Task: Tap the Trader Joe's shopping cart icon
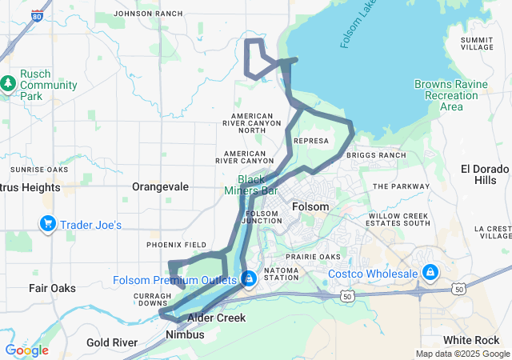tap(47, 224)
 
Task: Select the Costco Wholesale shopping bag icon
tap(430, 273)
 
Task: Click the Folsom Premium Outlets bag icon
tap(249, 278)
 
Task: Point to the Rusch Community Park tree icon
tap(9, 83)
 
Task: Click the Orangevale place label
tap(160, 186)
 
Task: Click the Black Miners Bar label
tap(257, 186)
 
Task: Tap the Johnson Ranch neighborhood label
tap(148, 14)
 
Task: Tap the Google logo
tap(26, 350)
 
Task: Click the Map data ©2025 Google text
tap(461, 354)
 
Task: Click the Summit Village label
tap(478, 43)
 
